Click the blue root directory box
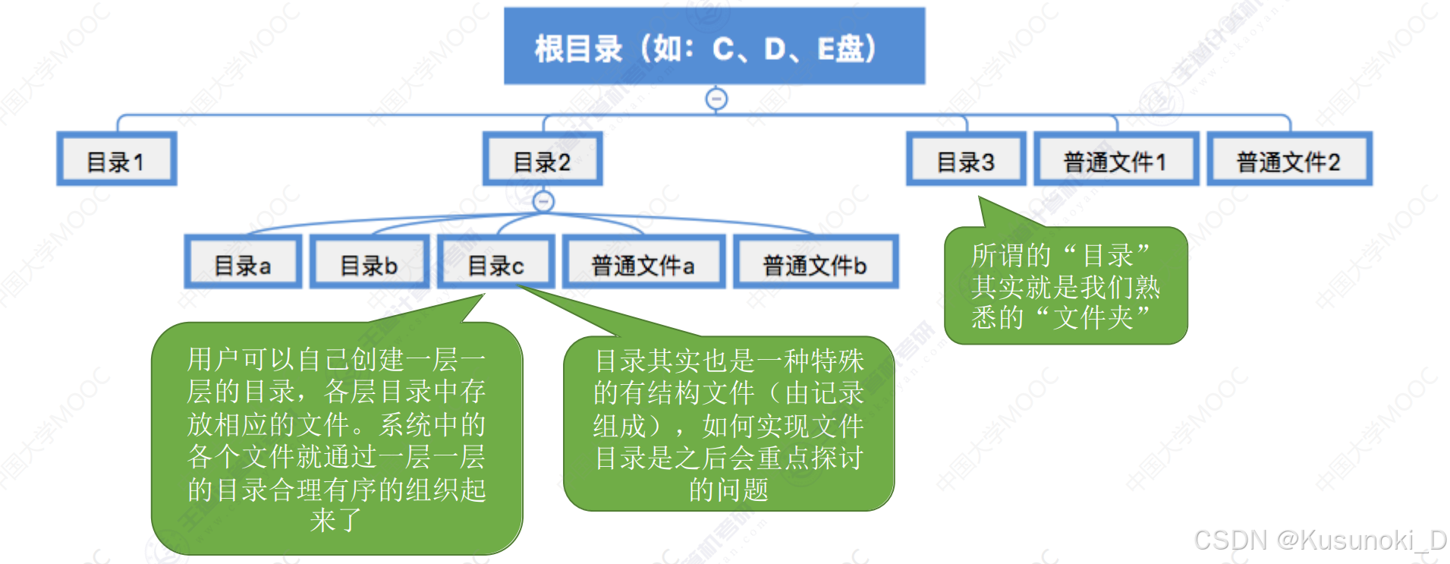click(x=714, y=46)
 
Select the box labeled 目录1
click(x=117, y=159)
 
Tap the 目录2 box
click(x=543, y=159)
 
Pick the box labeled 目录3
click(x=966, y=159)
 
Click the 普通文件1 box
click(x=1116, y=159)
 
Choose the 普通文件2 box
click(x=1289, y=159)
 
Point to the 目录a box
click(x=243, y=263)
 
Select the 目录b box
click(x=370, y=263)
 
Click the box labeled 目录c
click(x=496, y=263)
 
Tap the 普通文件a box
click(x=643, y=263)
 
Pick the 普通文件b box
click(x=816, y=263)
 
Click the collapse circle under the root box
click(x=716, y=99)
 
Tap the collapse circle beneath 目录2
click(x=543, y=201)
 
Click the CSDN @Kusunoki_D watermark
click(x=1320, y=540)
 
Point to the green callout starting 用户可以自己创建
click(x=337, y=439)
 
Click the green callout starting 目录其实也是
click(x=728, y=424)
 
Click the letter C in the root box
click(x=723, y=50)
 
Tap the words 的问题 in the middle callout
click(x=728, y=490)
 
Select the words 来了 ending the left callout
click(x=336, y=521)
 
